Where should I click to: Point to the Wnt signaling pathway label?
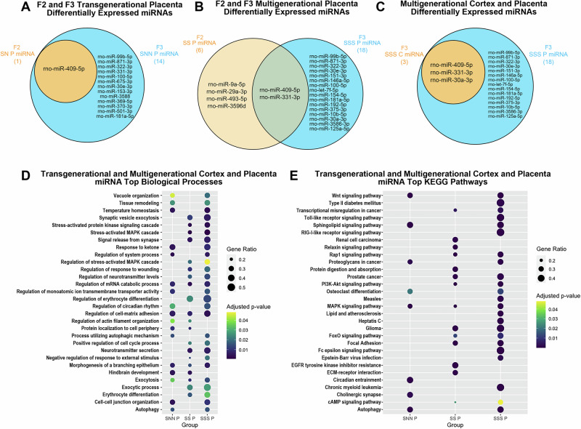(x=364, y=196)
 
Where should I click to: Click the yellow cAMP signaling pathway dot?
(x=500, y=402)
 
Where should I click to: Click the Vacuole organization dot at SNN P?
(x=172, y=196)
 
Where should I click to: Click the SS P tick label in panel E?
(x=455, y=419)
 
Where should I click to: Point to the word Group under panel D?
(x=190, y=425)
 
